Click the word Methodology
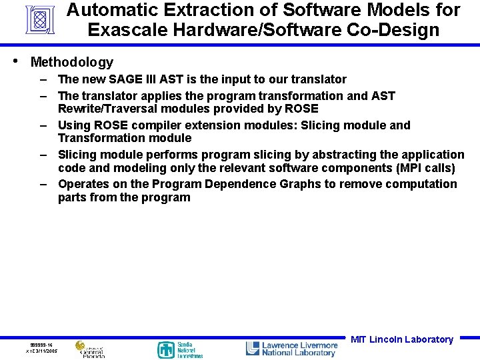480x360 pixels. pos(72,63)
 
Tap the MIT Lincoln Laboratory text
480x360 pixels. pos(402,339)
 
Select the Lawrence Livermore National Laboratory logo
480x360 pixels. pos(292,349)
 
